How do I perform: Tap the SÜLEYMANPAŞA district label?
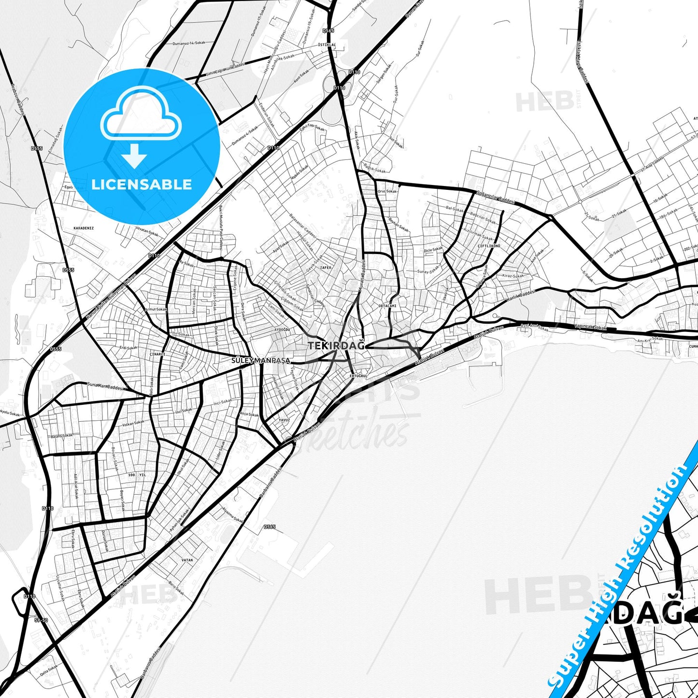tap(261, 360)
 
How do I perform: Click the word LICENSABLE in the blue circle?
tap(142, 184)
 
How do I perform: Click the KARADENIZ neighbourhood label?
tap(83, 228)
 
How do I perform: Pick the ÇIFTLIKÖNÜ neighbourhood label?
tap(489, 246)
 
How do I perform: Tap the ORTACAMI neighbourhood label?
tap(387, 306)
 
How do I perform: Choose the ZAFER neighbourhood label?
tap(326, 267)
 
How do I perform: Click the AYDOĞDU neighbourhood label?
tap(282, 329)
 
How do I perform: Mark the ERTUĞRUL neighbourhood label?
tap(358, 375)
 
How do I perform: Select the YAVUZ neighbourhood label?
tap(284, 420)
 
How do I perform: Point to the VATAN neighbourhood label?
tap(187, 560)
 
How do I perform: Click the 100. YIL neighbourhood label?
tap(137, 475)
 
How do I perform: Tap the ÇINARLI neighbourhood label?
tap(157, 354)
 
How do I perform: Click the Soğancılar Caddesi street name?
tap(496, 198)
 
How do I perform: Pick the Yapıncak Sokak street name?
tap(590, 327)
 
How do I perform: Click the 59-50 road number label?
tap(42, 620)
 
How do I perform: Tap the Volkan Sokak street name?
tap(133, 424)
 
